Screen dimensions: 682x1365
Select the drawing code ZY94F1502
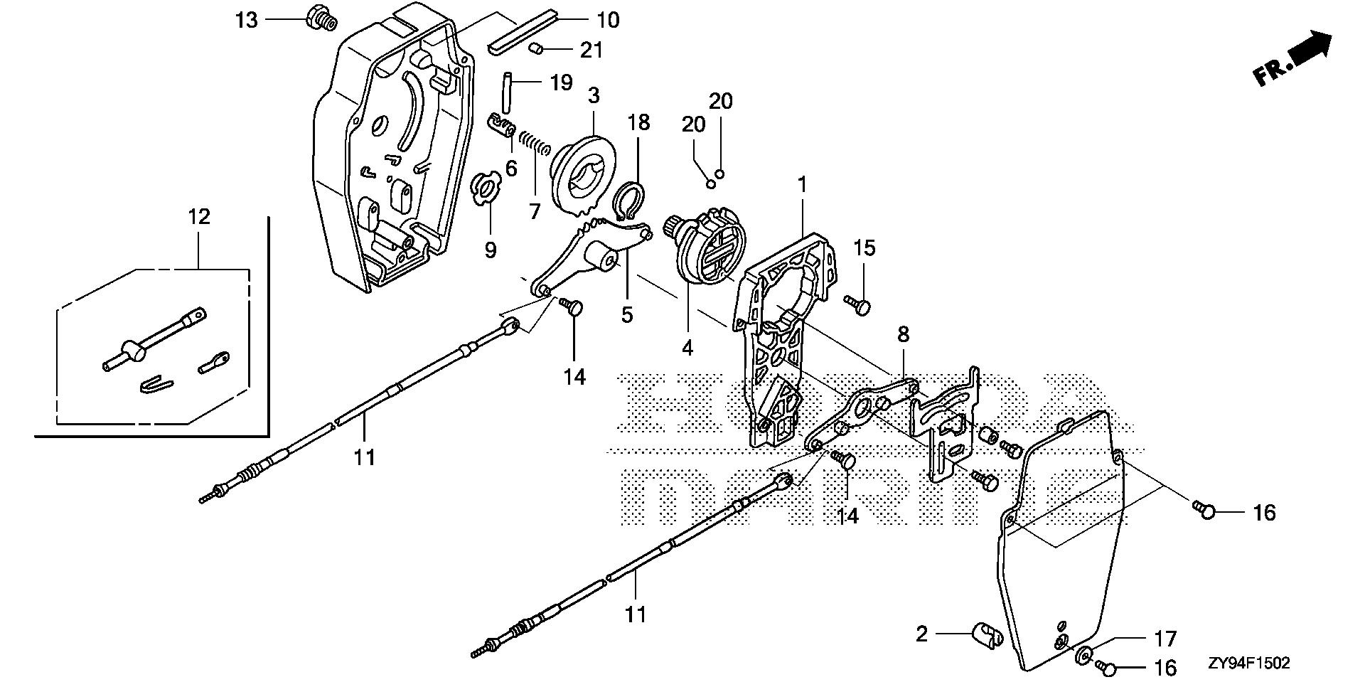[x=1248, y=664]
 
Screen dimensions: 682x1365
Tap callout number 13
[x=247, y=21]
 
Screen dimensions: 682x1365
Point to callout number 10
[x=607, y=20]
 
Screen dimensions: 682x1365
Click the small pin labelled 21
[x=538, y=48]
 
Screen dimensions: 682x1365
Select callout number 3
[x=594, y=95]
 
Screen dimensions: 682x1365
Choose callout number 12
[x=199, y=216]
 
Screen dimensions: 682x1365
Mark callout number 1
[x=802, y=165]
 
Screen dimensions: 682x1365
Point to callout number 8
[x=903, y=335]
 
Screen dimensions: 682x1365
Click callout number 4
[x=687, y=348]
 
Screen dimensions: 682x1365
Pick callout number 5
[x=626, y=314]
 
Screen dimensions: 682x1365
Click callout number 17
[x=1165, y=639]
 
